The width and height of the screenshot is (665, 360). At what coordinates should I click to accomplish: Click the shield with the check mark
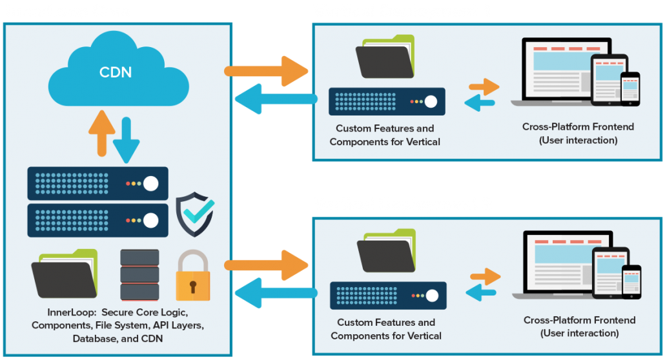pos(195,214)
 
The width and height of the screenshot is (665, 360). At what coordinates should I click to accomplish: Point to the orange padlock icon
pos(192,277)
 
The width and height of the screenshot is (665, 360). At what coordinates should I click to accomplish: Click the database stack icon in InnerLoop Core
pos(139,275)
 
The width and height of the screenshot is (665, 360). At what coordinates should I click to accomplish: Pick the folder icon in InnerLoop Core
pos(64,274)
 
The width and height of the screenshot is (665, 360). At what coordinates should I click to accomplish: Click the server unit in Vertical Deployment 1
pos(387,101)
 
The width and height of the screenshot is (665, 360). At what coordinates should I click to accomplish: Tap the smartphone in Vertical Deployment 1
pos(630,88)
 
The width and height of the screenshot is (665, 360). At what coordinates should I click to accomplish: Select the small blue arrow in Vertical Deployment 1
pos(480,102)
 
